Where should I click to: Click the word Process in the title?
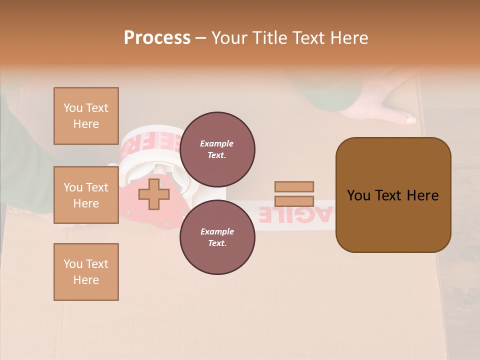click(157, 38)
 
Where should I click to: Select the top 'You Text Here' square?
click(86, 116)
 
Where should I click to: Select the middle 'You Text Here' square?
click(86, 195)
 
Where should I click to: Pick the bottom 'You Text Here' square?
click(86, 272)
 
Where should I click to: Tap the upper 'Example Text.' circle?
click(217, 149)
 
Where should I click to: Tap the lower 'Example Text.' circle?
click(217, 237)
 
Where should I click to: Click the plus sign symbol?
click(153, 194)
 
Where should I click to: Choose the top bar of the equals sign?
click(294, 186)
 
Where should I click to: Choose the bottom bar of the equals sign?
click(294, 201)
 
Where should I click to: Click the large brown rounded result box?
click(393, 195)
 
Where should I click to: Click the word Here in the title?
click(348, 38)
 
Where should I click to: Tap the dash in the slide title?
click(201, 38)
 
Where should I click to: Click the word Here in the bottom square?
click(86, 280)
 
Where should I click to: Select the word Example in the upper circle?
click(217, 143)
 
